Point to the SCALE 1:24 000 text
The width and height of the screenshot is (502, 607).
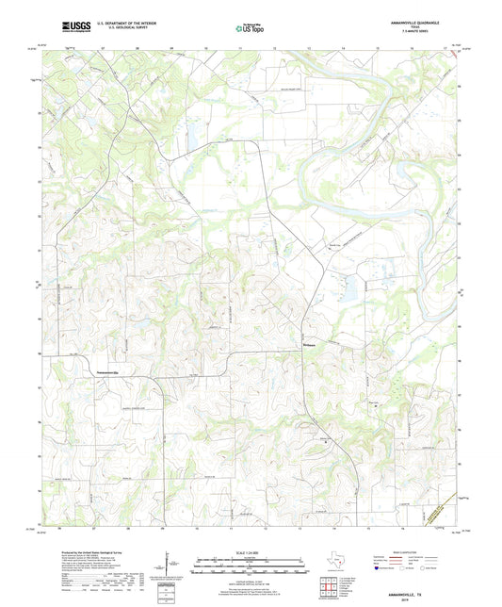251,550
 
